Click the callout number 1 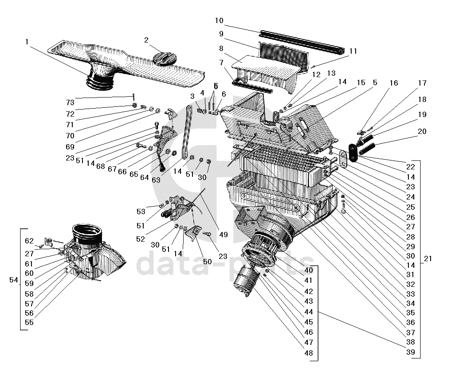tap(27, 42)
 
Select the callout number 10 tap(219, 21)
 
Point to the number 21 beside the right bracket tap(428, 259)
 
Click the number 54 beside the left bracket tap(14, 280)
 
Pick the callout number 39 tap(411, 352)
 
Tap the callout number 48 tap(309, 353)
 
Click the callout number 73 tap(70, 103)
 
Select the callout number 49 tap(224, 235)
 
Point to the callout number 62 tap(29, 241)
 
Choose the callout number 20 tap(422, 131)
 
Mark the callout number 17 tap(422, 83)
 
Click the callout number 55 tap(29, 322)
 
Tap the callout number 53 tap(141, 212)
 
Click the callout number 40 tap(309, 270)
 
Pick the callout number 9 tap(221, 34)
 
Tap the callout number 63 tap(156, 180)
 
